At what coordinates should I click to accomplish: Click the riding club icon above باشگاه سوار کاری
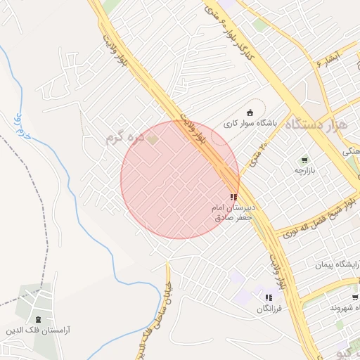(250, 112)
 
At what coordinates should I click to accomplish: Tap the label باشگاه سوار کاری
(251, 123)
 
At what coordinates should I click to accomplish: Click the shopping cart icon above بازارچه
(304, 161)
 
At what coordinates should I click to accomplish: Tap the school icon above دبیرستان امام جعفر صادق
(233, 198)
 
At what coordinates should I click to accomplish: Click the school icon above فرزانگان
(269, 297)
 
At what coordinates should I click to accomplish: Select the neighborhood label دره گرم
(124, 138)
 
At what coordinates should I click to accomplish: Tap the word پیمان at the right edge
(349, 264)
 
